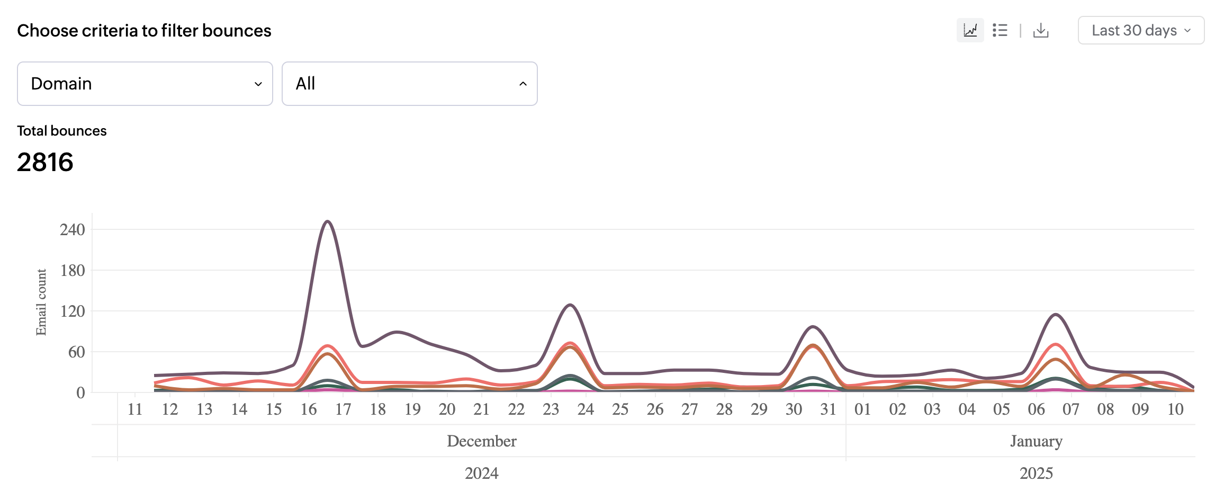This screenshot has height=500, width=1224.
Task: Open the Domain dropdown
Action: pyautogui.click(x=145, y=84)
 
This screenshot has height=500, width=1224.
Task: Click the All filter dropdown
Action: pyautogui.click(x=409, y=84)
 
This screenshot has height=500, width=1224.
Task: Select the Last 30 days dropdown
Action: pyautogui.click(x=1141, y=31)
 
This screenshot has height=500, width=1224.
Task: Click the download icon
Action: pyautogui.click(x=1041, y=31)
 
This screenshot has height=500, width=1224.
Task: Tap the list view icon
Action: pyautogui.click(x=1000, y=31)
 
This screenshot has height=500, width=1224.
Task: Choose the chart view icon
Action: pyautogui.click(x=970, y=31)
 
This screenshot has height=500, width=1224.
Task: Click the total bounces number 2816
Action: pyautogui.click(x=45, y=162)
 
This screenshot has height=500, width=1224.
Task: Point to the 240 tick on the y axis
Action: pyautogui.click(x=73, y=230)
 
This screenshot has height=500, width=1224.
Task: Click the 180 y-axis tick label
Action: pyautogui.click(x=73, y=271)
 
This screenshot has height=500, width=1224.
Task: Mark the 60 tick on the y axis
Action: pyautogui.click(x=76, y=352)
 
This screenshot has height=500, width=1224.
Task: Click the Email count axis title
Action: pyautogui.click(x=41, y=302)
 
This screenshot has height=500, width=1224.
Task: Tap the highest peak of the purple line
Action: pyautogui.click(x=328, y=221)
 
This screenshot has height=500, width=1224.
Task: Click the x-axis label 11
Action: pyautogui.click(x=135, y=409)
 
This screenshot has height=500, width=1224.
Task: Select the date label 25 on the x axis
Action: pyautogui.click(x=620, y=409)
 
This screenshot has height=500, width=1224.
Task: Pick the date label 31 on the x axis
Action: pyautogui.click(x=828, y=409)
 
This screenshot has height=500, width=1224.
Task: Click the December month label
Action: pyautogui.click(x=481, y=441)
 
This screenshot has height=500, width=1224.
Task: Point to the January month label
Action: pyautogui.click(x=1036, y=441)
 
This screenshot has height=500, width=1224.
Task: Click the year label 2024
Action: pyautogui.click(x=481, y=473)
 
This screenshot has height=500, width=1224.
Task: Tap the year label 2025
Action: pyautogui.click(x=1036, y=473)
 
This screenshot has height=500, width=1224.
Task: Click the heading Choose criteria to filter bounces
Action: pyautogui.click(x=144, y=31)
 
